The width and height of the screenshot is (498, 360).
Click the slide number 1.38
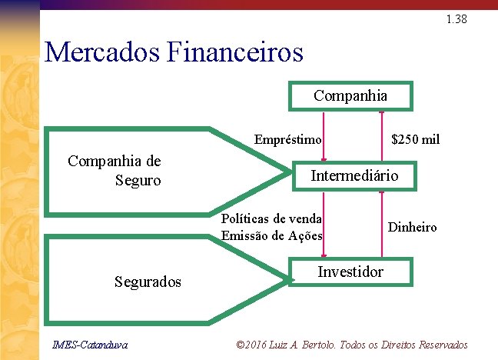point(456,20)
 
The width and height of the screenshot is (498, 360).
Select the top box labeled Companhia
point(350,96)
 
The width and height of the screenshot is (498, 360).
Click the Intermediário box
point(354,175)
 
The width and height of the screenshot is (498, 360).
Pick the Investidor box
point(350,272)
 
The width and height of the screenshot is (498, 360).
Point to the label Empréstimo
point(287,140)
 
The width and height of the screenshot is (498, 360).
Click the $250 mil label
point(415,140)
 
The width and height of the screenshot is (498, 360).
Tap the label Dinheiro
point(412,227)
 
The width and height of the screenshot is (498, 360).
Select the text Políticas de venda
point(271,218)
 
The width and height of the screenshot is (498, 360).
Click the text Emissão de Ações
point(271,235)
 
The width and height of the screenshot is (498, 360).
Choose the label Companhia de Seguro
point(115,171)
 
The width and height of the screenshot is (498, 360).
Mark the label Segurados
point(148,282)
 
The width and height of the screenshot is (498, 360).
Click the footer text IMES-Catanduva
point(85,344)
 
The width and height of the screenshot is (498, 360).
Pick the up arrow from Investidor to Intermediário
point(381,223)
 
